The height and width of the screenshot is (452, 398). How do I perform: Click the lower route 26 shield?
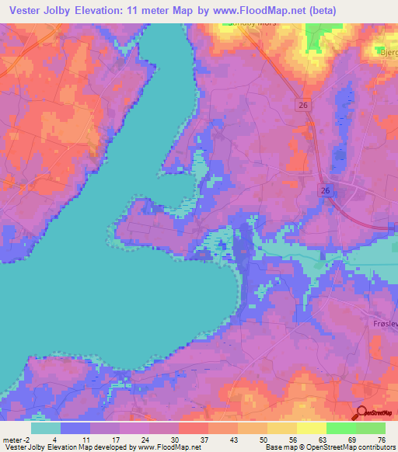[x=323, y=191]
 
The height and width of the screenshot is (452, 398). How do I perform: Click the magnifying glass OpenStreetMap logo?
[x=361, y=412]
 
